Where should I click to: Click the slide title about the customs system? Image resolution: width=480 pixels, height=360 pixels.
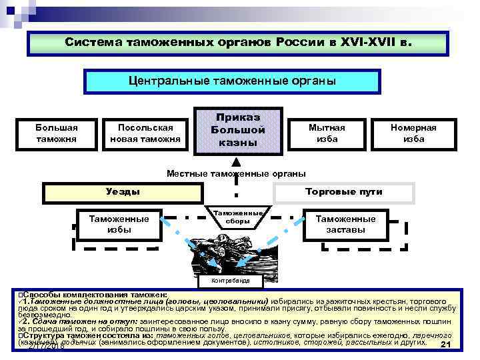239,41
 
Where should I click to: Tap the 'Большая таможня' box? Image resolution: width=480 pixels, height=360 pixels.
57,133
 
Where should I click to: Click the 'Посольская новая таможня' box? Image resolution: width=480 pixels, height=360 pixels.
145,133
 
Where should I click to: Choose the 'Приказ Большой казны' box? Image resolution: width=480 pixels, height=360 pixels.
234,130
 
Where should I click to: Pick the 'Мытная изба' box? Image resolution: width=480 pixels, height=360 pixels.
327,133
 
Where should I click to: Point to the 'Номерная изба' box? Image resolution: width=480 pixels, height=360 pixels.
413,133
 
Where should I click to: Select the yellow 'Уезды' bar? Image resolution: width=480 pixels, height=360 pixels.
123,192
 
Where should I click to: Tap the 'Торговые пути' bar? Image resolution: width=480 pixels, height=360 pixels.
343,192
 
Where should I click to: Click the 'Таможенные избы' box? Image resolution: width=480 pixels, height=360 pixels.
114,224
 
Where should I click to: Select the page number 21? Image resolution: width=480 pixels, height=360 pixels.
447,345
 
